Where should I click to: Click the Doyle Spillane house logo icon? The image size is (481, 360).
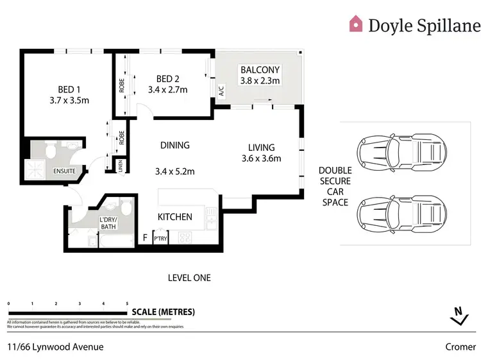[x=355, y=24]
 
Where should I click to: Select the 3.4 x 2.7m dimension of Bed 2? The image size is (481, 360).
[x=167, y=90]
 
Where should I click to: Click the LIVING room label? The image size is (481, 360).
[x=261, y=147]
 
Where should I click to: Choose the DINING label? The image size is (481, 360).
[x=175, y=146]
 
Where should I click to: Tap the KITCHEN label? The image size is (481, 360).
[x=175, y=217]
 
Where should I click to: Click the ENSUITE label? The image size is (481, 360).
[x=65, y=171]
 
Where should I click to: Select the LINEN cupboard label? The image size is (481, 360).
[x=120, y=165]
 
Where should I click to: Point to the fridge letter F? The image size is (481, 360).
[x=145, y=238]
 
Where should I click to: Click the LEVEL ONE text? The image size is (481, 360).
[x=189, y=278]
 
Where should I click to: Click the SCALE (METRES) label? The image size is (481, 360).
[x=163, y=313]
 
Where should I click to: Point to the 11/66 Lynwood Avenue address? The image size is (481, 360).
[x=55, y=347]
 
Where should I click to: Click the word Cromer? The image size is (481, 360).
[x=460, y=347]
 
